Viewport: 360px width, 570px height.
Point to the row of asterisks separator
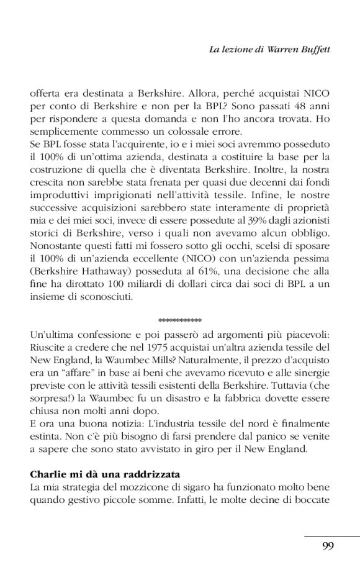tap(180, 320)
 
